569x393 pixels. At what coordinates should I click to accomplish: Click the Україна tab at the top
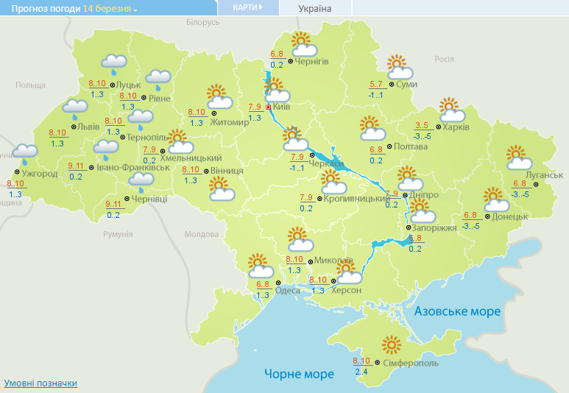coord(314,9)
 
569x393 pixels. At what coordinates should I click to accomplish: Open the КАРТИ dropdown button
coord(247,7)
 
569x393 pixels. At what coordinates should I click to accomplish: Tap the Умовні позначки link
coord(40,383)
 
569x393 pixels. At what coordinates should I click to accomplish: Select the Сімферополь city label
coord(411,364)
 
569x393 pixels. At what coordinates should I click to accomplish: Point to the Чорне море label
coord(299,374)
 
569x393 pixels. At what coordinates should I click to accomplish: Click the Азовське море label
coord(457,311)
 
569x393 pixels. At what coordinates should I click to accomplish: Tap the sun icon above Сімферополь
coord(392,344)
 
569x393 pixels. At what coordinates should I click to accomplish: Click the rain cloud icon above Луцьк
coord(113,64)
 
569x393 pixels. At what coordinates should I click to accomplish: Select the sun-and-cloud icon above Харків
coord(452,110)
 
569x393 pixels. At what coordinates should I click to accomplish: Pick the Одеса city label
coord(287,291)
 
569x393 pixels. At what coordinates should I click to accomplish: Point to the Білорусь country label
coord(202,23)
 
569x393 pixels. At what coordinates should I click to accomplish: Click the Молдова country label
coord(202,234)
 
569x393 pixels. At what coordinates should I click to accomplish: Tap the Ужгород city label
coord(40,174)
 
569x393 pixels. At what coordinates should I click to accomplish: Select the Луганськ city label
coord(545,174)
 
